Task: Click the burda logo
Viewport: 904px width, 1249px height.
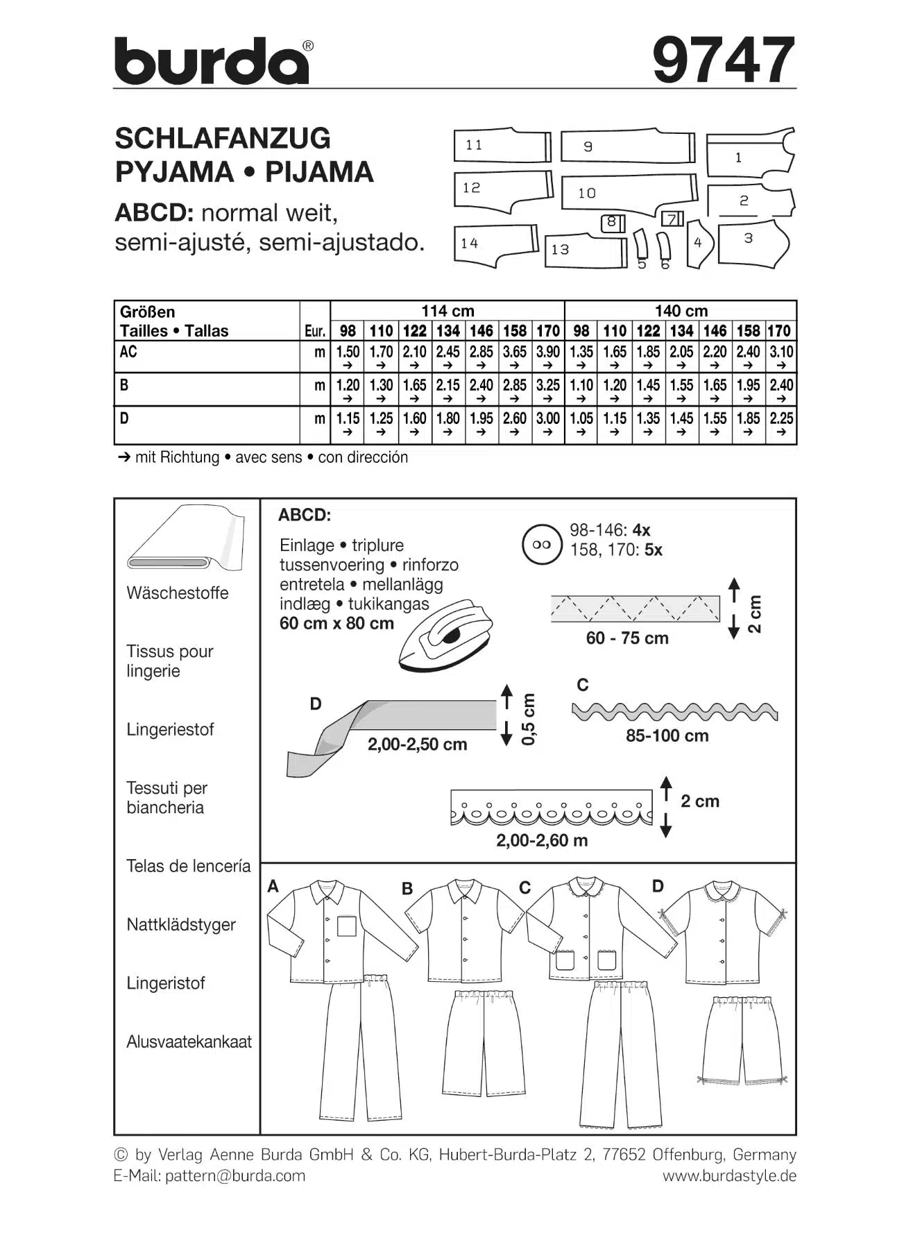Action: (212, 62)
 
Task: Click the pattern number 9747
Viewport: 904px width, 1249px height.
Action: (723, 60)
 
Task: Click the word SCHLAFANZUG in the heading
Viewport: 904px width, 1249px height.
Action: (223, 138)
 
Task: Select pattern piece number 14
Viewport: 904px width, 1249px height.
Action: (494, 244)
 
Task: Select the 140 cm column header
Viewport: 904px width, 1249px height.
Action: (681, 311)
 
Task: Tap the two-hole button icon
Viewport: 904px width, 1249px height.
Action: (542, 545)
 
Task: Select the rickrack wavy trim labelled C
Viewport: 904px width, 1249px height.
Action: (674, 711)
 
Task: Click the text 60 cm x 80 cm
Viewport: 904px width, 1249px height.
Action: (336, 623)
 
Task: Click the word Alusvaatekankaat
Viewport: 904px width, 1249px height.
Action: (189, 1042)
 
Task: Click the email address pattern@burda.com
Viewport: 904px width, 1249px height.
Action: (234, 1175)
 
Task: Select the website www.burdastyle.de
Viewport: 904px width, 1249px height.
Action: (728, 1175)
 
